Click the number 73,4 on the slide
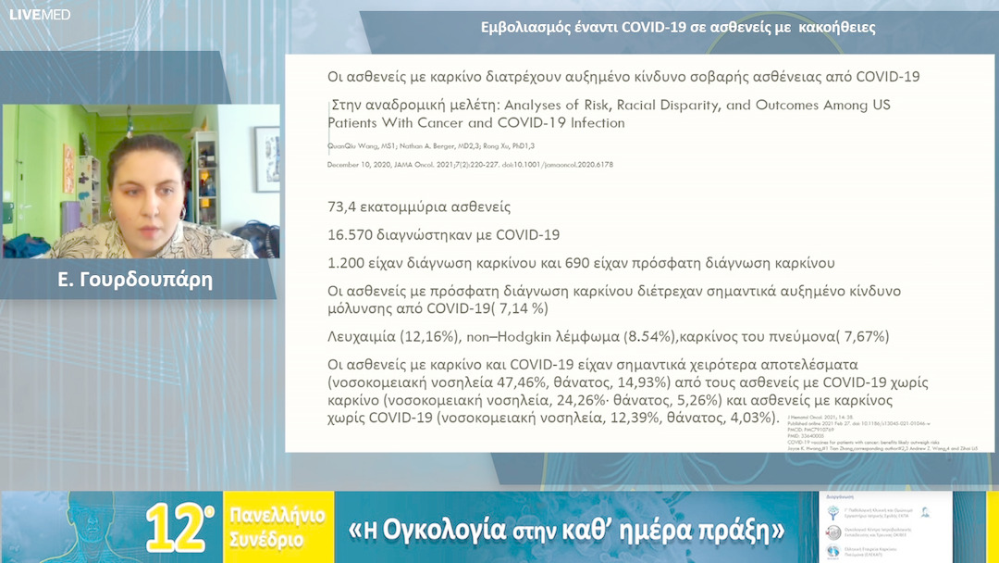coord(344,206)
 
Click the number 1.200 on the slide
coord(348,262)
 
